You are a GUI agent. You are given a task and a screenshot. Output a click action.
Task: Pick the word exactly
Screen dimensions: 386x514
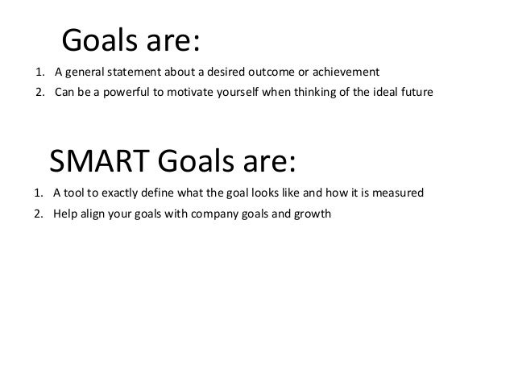120,194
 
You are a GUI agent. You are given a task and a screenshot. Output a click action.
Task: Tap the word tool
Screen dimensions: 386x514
75,194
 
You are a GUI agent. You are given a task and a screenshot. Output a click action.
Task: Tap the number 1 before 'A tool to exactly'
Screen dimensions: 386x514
39,194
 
